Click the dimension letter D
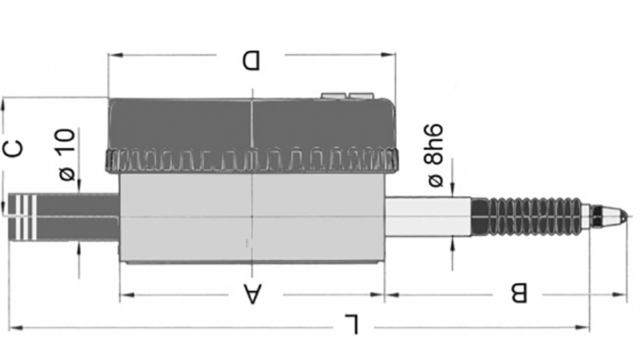tap(251, 60)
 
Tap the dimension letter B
tap(519, 293)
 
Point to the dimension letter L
tap(352, 324)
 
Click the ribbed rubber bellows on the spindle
tap(525, 216)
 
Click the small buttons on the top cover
tap(347, 96)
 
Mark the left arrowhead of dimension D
tap(112, 54)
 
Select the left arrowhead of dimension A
tap(124, 294)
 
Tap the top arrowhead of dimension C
tap(3, 102)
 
